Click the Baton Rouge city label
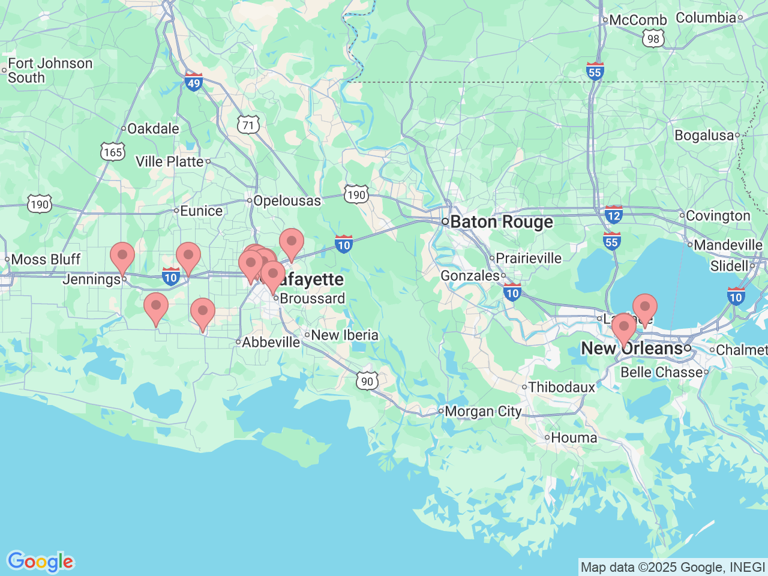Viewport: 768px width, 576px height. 501,222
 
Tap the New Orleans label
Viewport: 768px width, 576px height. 632,349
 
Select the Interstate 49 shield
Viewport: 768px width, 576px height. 193,82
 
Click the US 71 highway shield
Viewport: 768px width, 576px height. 248,125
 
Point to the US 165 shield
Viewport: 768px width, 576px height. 112,152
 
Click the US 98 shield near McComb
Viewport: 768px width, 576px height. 653,39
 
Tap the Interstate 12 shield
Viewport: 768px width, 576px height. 613,215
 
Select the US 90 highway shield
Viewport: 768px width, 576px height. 367,381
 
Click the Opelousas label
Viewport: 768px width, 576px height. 287,201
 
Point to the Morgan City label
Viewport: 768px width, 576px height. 483,412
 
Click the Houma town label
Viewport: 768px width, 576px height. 574,438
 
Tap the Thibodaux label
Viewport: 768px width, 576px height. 562,387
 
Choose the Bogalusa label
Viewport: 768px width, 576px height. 704,136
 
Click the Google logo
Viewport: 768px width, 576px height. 40,562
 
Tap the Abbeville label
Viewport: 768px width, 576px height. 271,342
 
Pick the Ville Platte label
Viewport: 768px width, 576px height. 170,161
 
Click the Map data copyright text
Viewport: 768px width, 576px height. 673,567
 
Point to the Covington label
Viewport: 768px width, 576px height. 718,216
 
